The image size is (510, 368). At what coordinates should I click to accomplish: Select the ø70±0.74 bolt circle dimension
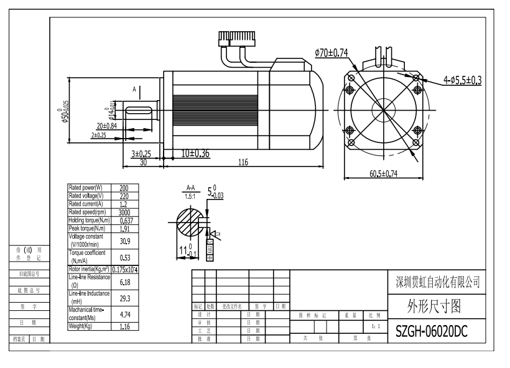[x=331, y=53]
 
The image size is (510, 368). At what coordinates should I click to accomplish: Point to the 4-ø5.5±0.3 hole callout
[x=463, y=80]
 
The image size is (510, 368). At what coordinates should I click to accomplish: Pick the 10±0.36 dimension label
[x=195, y=153]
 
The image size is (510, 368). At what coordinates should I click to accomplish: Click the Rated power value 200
[x=124, y=187]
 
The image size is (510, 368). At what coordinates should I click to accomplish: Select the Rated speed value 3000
[x=124, y=211]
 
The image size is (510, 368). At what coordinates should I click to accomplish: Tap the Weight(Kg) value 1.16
[x=124, y=326]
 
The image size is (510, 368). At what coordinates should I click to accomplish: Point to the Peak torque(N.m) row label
[x=88, y=228]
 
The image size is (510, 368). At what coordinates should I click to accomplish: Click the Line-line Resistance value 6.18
[x=124, y=282]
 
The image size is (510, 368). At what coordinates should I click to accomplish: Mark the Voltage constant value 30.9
[x=124, y=240]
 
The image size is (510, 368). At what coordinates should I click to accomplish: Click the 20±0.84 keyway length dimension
[x=106, y=126]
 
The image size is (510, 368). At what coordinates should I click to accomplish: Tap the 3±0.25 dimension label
[x=141, y=153]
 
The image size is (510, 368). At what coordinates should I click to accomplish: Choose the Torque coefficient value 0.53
[x=124, y=257]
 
